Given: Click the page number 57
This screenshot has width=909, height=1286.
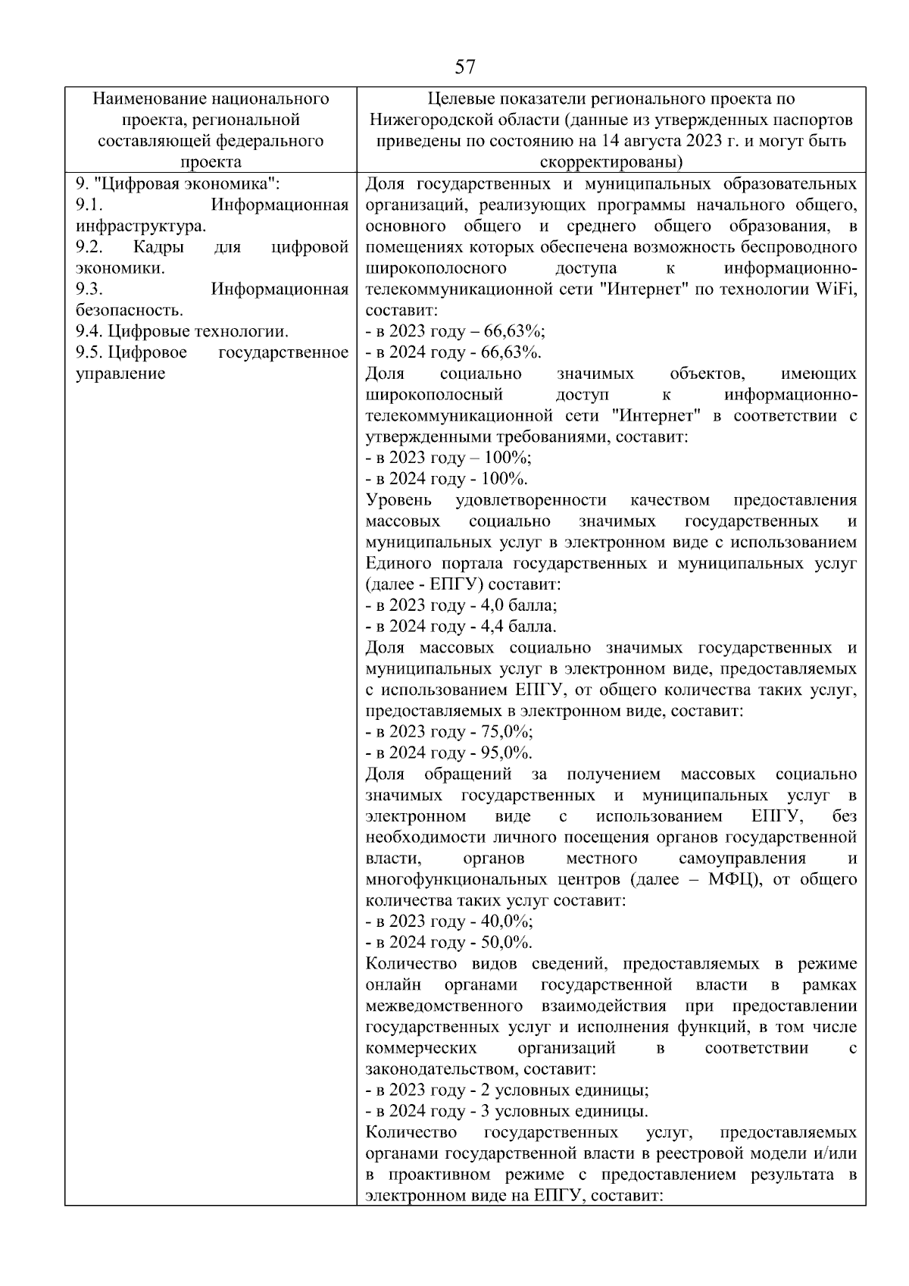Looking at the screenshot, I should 465,67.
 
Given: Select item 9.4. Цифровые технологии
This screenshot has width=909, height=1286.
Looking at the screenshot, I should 182,331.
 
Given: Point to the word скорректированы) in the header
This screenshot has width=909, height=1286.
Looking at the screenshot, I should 611,162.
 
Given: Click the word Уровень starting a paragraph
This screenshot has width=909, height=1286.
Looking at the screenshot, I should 398,500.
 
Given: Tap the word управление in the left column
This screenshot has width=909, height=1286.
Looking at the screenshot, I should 120,374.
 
